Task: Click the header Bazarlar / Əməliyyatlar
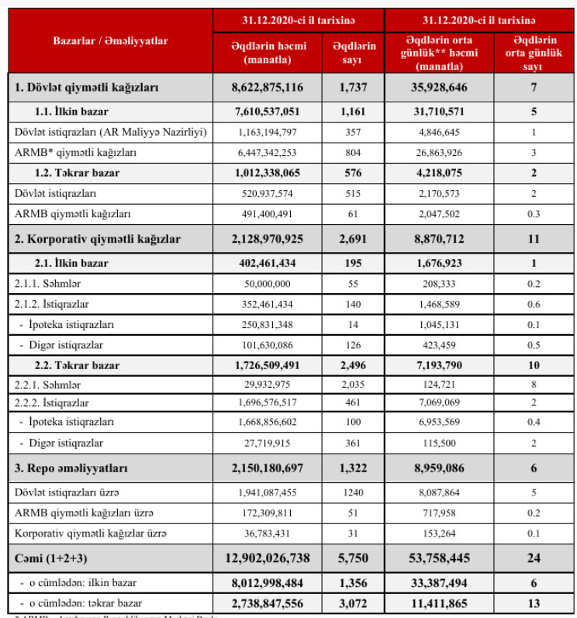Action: click(111, 40)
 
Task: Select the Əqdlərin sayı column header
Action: click(354, 52)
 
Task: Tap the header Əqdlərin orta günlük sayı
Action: click(534, 52)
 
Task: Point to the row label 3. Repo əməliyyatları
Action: click(71, 468)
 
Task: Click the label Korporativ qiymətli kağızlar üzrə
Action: click(90, 534)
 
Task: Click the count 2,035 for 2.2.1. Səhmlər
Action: click(354, 383)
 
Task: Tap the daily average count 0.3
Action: click(534, 213)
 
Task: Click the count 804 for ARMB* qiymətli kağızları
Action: click(354, 154)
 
